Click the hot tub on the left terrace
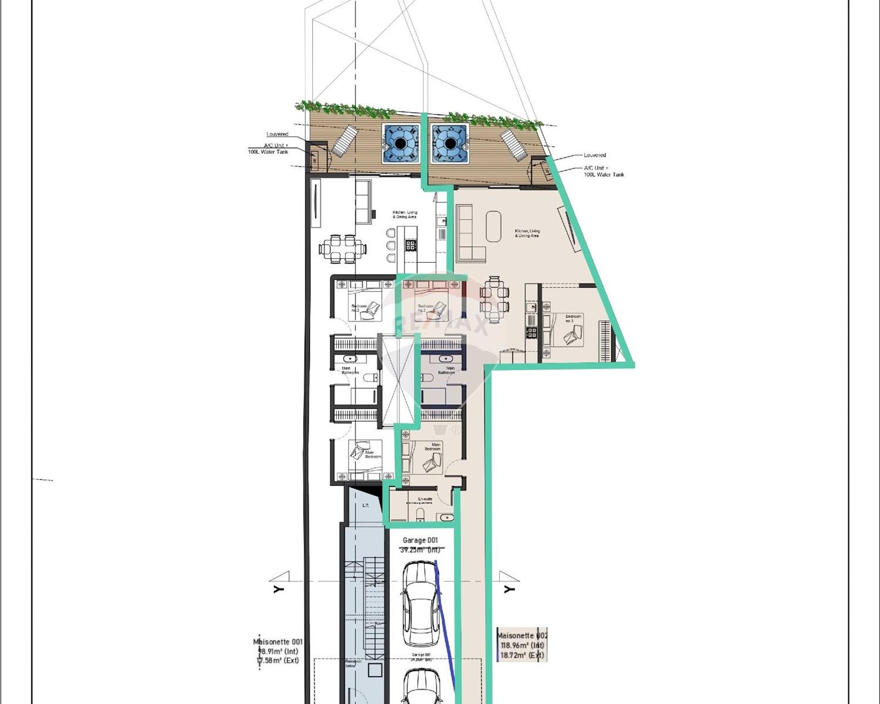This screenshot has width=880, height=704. [400, 143]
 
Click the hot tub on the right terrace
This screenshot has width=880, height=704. [450, 143]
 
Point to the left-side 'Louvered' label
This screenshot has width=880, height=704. [277, 134]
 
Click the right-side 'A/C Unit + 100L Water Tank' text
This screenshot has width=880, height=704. [603, 171]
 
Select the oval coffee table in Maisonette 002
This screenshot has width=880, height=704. [493, 226]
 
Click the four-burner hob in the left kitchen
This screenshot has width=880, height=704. [411, 245]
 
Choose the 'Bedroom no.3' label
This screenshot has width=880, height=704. [573, 319]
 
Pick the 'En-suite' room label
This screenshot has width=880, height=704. [425, 499]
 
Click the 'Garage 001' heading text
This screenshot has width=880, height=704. [419, 540]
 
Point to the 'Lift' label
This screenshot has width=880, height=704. [365, 505]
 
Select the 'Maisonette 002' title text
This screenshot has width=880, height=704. [522, 635]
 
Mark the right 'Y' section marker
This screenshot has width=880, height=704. [509, 588]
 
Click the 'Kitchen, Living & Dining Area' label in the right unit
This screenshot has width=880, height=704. [527, 233]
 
